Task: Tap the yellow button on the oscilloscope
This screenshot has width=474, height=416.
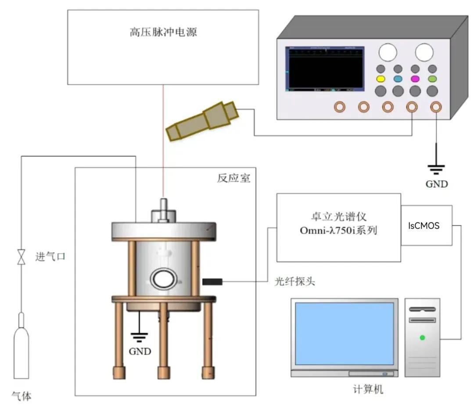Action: click(381, 79)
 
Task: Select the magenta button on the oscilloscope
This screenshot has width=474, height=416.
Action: click(415, 79)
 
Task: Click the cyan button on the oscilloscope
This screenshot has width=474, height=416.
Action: click(398, 79)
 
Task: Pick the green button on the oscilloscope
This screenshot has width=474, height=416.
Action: click(432, 79)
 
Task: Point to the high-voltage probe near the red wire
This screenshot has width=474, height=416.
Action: click(202, 122)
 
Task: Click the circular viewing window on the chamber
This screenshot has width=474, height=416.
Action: click(164, 279)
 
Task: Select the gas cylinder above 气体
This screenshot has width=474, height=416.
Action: click(21, 347)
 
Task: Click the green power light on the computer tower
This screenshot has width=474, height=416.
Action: click(422, 337)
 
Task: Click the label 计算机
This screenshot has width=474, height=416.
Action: click(368, 389)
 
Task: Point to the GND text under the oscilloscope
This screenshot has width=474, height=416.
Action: click(436, 184)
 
